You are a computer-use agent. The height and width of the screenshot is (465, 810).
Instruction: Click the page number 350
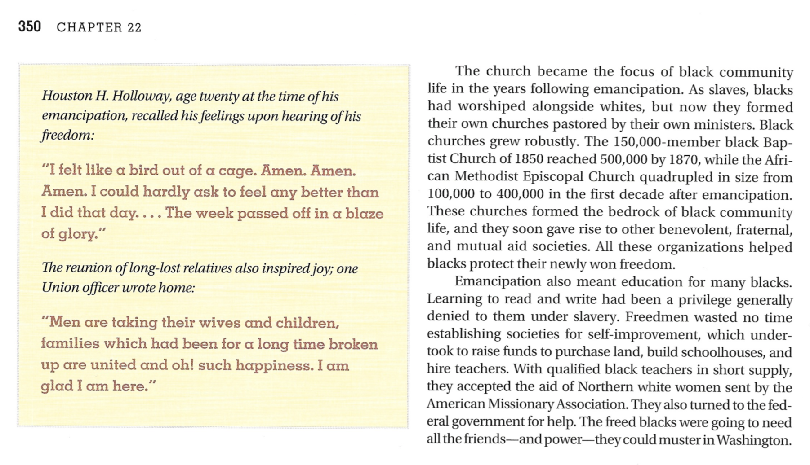click(30, 26)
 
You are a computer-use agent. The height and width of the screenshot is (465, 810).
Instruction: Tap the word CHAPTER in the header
click(89, 27)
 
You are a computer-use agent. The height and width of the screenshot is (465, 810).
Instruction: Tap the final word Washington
click(754, 439)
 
